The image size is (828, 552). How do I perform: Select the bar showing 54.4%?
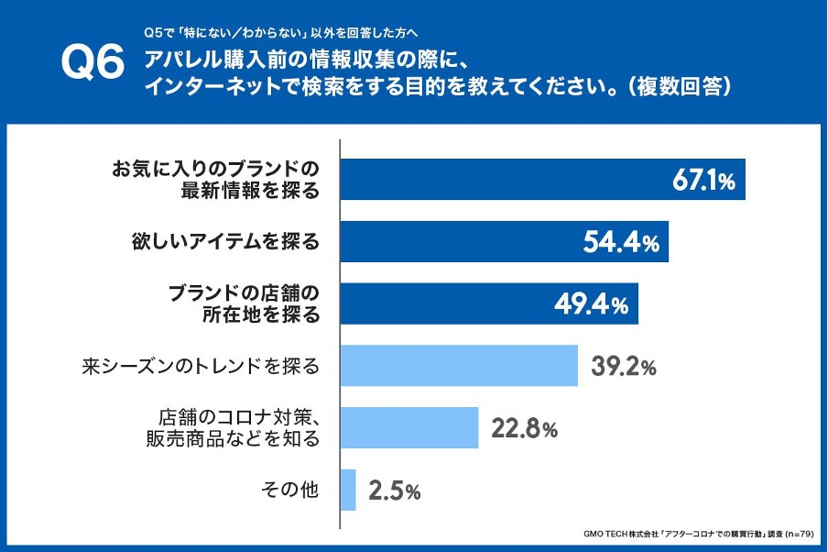458,241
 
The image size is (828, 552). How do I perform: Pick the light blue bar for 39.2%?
459,366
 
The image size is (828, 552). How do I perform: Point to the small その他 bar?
348,490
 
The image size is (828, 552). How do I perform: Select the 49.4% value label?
591,304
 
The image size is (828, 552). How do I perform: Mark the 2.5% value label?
394,491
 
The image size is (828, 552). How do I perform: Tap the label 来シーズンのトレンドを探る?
201,367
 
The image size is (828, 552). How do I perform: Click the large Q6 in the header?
92,65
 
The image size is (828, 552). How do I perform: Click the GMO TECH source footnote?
698,533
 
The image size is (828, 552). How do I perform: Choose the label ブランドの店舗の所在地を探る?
245,304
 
